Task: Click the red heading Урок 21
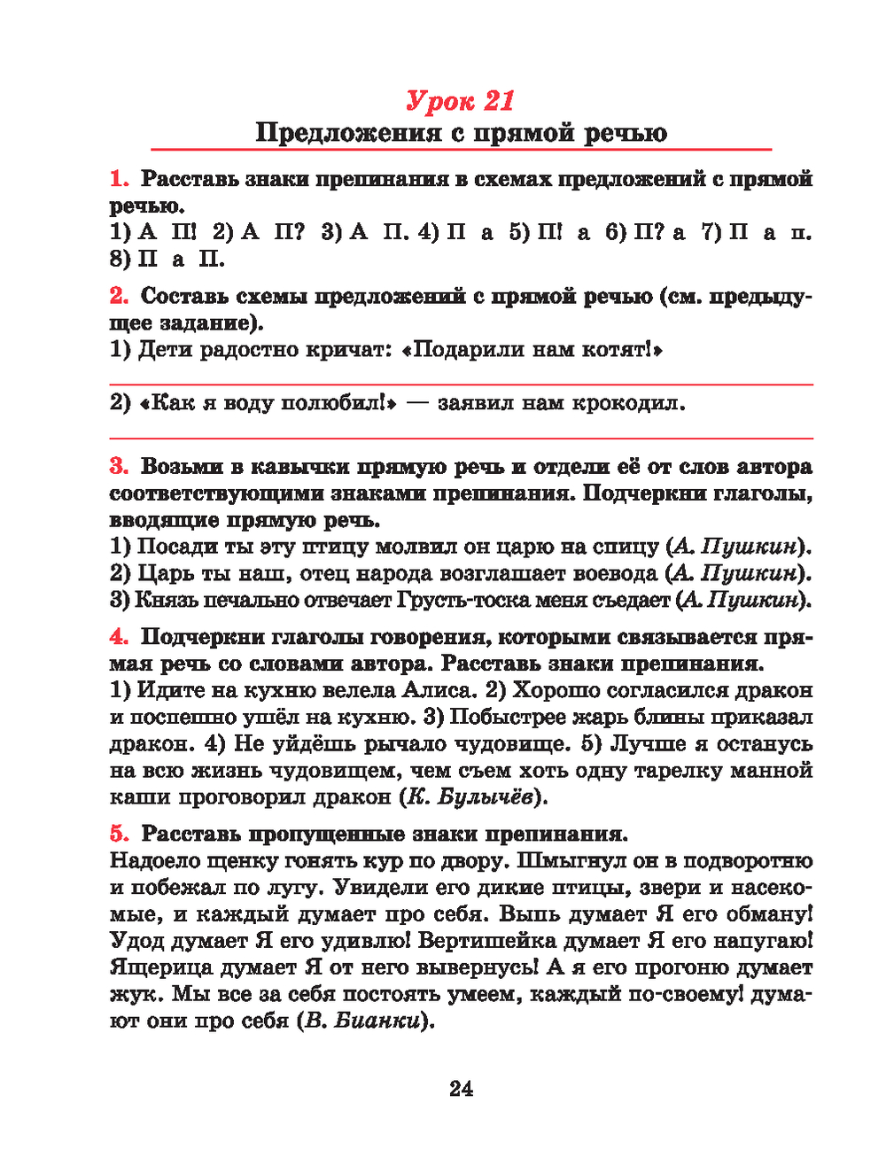(460, 101)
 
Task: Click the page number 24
(461, 1089)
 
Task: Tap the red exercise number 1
(119, 179)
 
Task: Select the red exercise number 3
(119, 467)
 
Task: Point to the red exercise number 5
(119, 834)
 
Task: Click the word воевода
(610, 573)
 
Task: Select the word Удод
(135, 941)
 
